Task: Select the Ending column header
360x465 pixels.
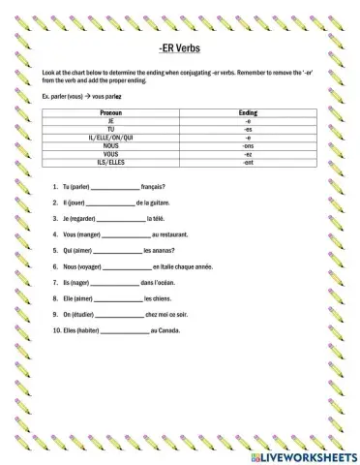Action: point(248,113)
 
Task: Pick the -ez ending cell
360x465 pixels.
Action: point(248,153)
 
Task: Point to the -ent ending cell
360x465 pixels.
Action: point(248,161)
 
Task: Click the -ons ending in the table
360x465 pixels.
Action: point(248,145)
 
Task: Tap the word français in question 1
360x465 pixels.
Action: point(152,186)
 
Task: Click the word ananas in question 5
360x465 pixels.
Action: point(159,250)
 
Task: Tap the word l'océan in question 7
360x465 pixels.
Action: point(165,282)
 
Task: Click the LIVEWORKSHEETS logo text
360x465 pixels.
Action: point(306,453)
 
